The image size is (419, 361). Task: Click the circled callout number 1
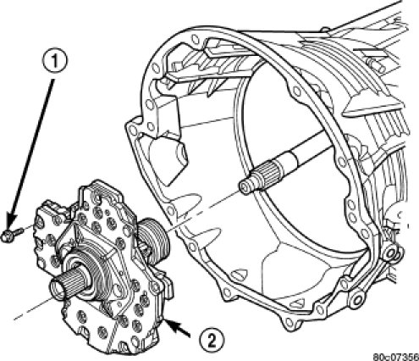click(x=55, y=62)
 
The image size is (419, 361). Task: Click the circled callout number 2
click(x=212, y=339)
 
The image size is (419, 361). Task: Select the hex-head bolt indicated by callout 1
click(x=13, y=235)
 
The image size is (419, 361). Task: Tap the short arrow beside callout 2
click(x=178, y=328)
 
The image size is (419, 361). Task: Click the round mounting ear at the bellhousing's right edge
click(x=391, y=252)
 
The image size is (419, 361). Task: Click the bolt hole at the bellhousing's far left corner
click(x=132, y=131)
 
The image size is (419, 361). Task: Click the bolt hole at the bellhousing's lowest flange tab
click(x=289, y=321)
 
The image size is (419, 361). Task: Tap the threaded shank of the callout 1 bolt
click(x=19, y=232)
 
